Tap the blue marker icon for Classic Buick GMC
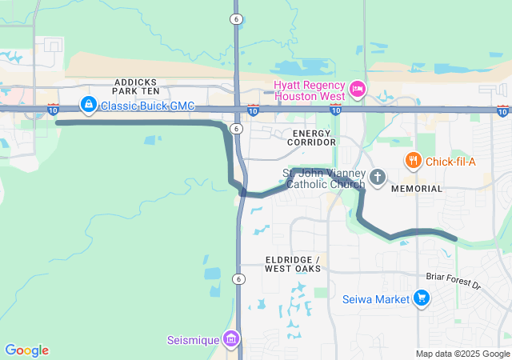click(88, 104)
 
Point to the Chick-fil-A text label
click(450, 162)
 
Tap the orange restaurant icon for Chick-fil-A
click(413, 161)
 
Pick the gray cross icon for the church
click(378, 177)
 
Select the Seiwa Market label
click(376, 300)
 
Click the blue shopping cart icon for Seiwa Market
click(422, 299)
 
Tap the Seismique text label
click(193, 340)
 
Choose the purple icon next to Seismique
click(231, 339)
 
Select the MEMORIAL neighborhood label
click(416, 189)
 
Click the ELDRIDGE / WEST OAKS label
click(293, 265)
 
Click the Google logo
click(26, 350)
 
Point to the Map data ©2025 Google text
click(462, 354)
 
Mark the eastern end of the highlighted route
click(454, 238)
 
